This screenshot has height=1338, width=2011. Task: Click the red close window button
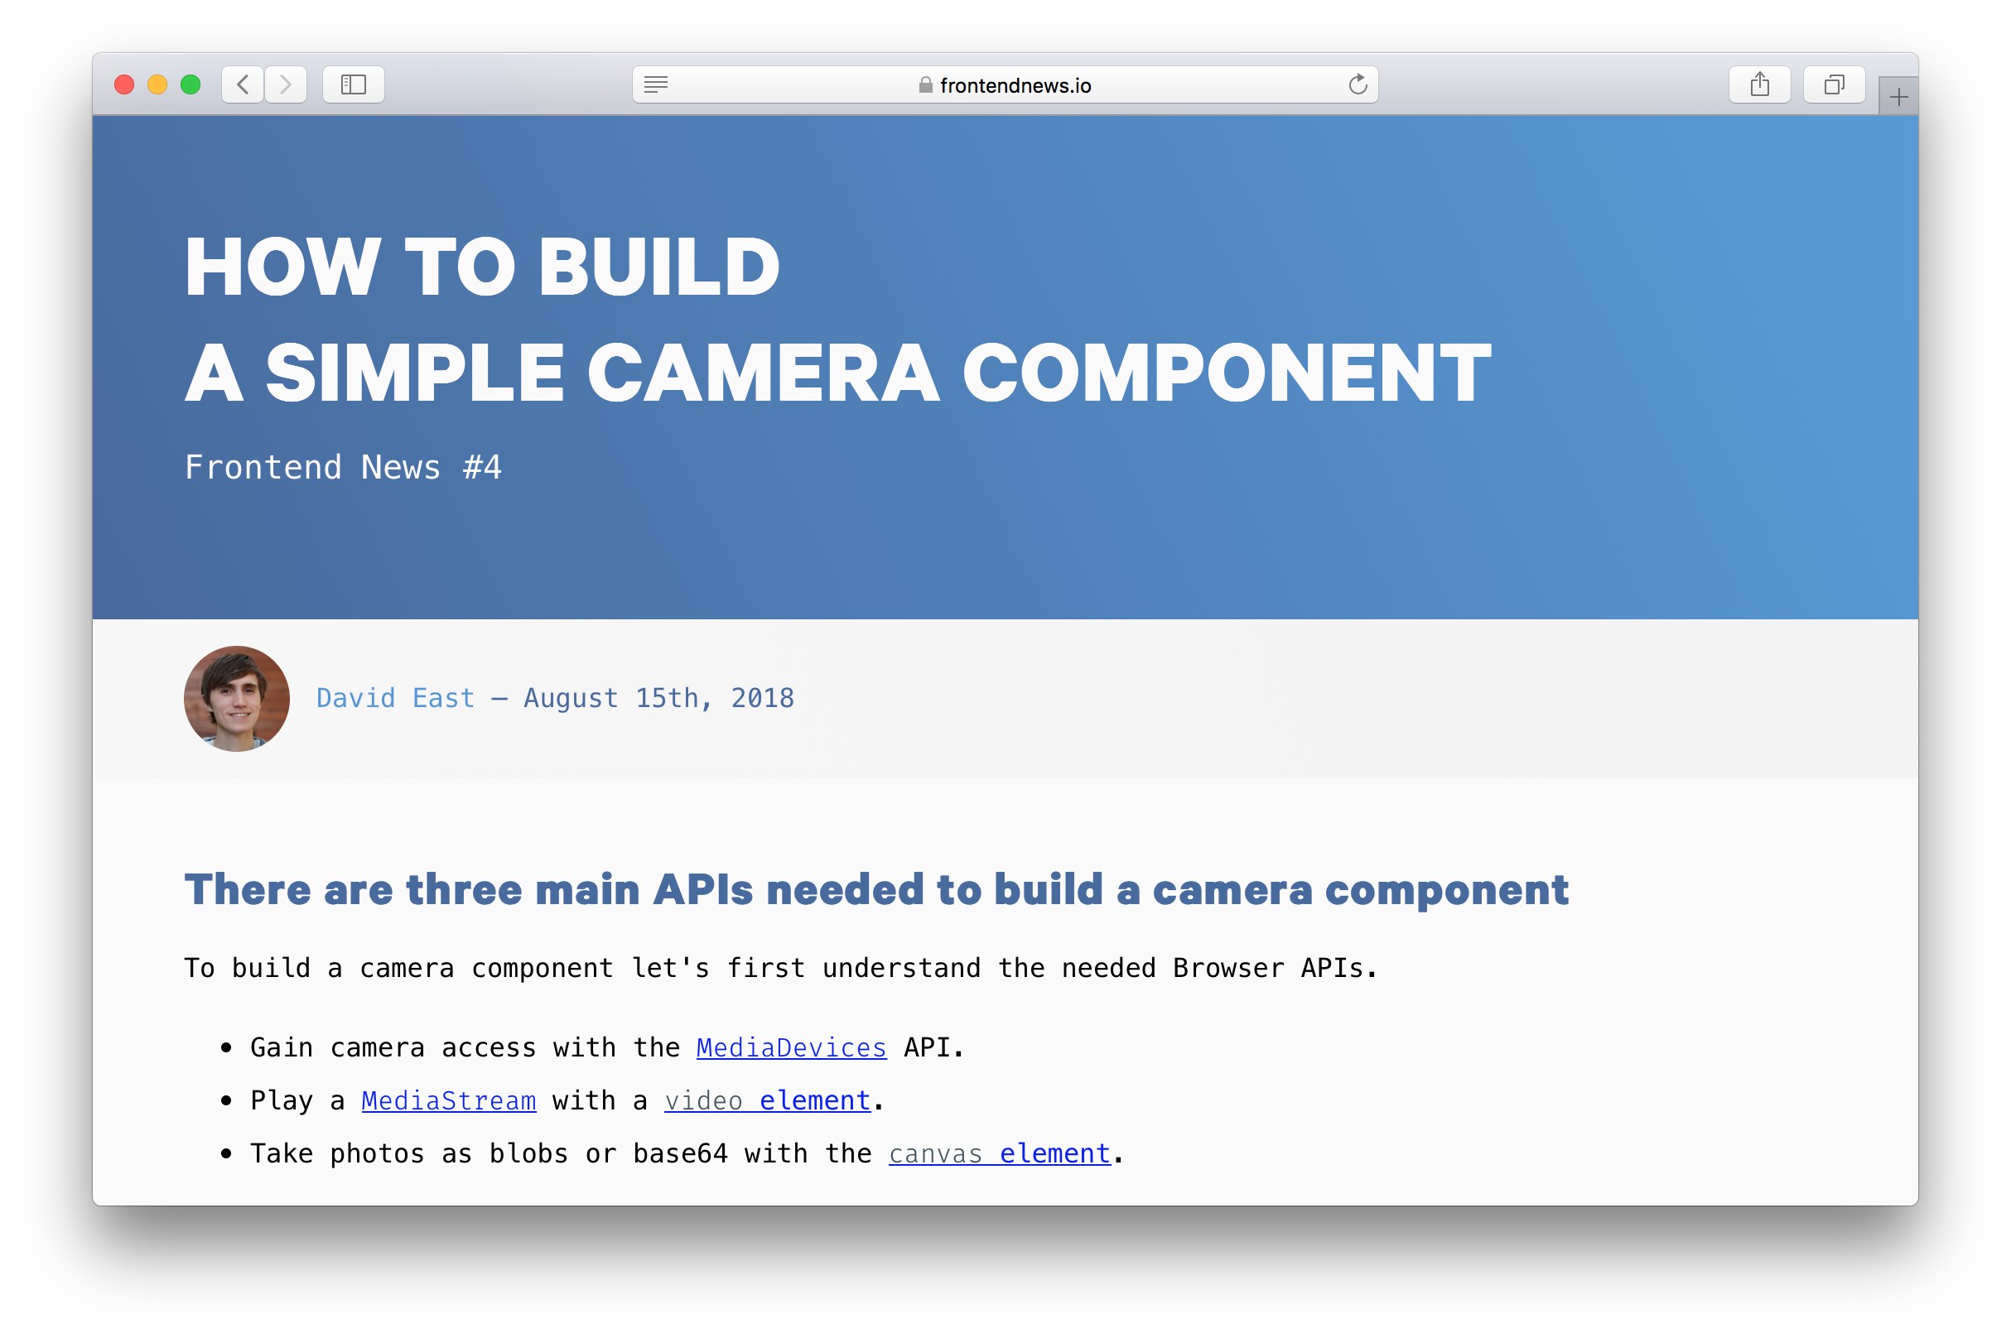tap(123, 84)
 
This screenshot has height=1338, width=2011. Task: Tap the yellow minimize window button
tap(157, 84)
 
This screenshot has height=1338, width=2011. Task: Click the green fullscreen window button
tap(190, 84)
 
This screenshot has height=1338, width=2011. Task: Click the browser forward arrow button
tap(286, 84)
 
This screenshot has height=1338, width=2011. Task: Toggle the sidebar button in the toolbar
tap(354, 84)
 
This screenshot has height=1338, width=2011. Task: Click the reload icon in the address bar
tap(1358, 84)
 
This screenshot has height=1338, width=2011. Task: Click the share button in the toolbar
tap(1759, 84)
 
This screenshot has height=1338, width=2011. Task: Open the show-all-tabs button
tap(1834, 84)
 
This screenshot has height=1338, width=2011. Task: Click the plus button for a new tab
tap(1898, 96)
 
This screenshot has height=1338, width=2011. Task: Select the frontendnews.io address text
tap(1015, 85)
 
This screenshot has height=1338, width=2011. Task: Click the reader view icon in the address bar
tap(655, 84)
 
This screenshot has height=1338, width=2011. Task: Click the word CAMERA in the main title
tap(763, 373)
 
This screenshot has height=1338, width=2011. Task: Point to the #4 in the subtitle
tap(482, 468)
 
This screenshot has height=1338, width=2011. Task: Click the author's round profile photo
tap(236, 698)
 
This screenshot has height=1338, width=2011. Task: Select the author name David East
tap(395, 698)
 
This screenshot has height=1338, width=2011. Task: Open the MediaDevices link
tap(791, 1048)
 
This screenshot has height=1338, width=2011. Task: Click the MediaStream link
tap(449, 1100)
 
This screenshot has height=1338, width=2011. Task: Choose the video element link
tap(767, 1100)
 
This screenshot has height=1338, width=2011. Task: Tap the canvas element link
tap(1000, 1153)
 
